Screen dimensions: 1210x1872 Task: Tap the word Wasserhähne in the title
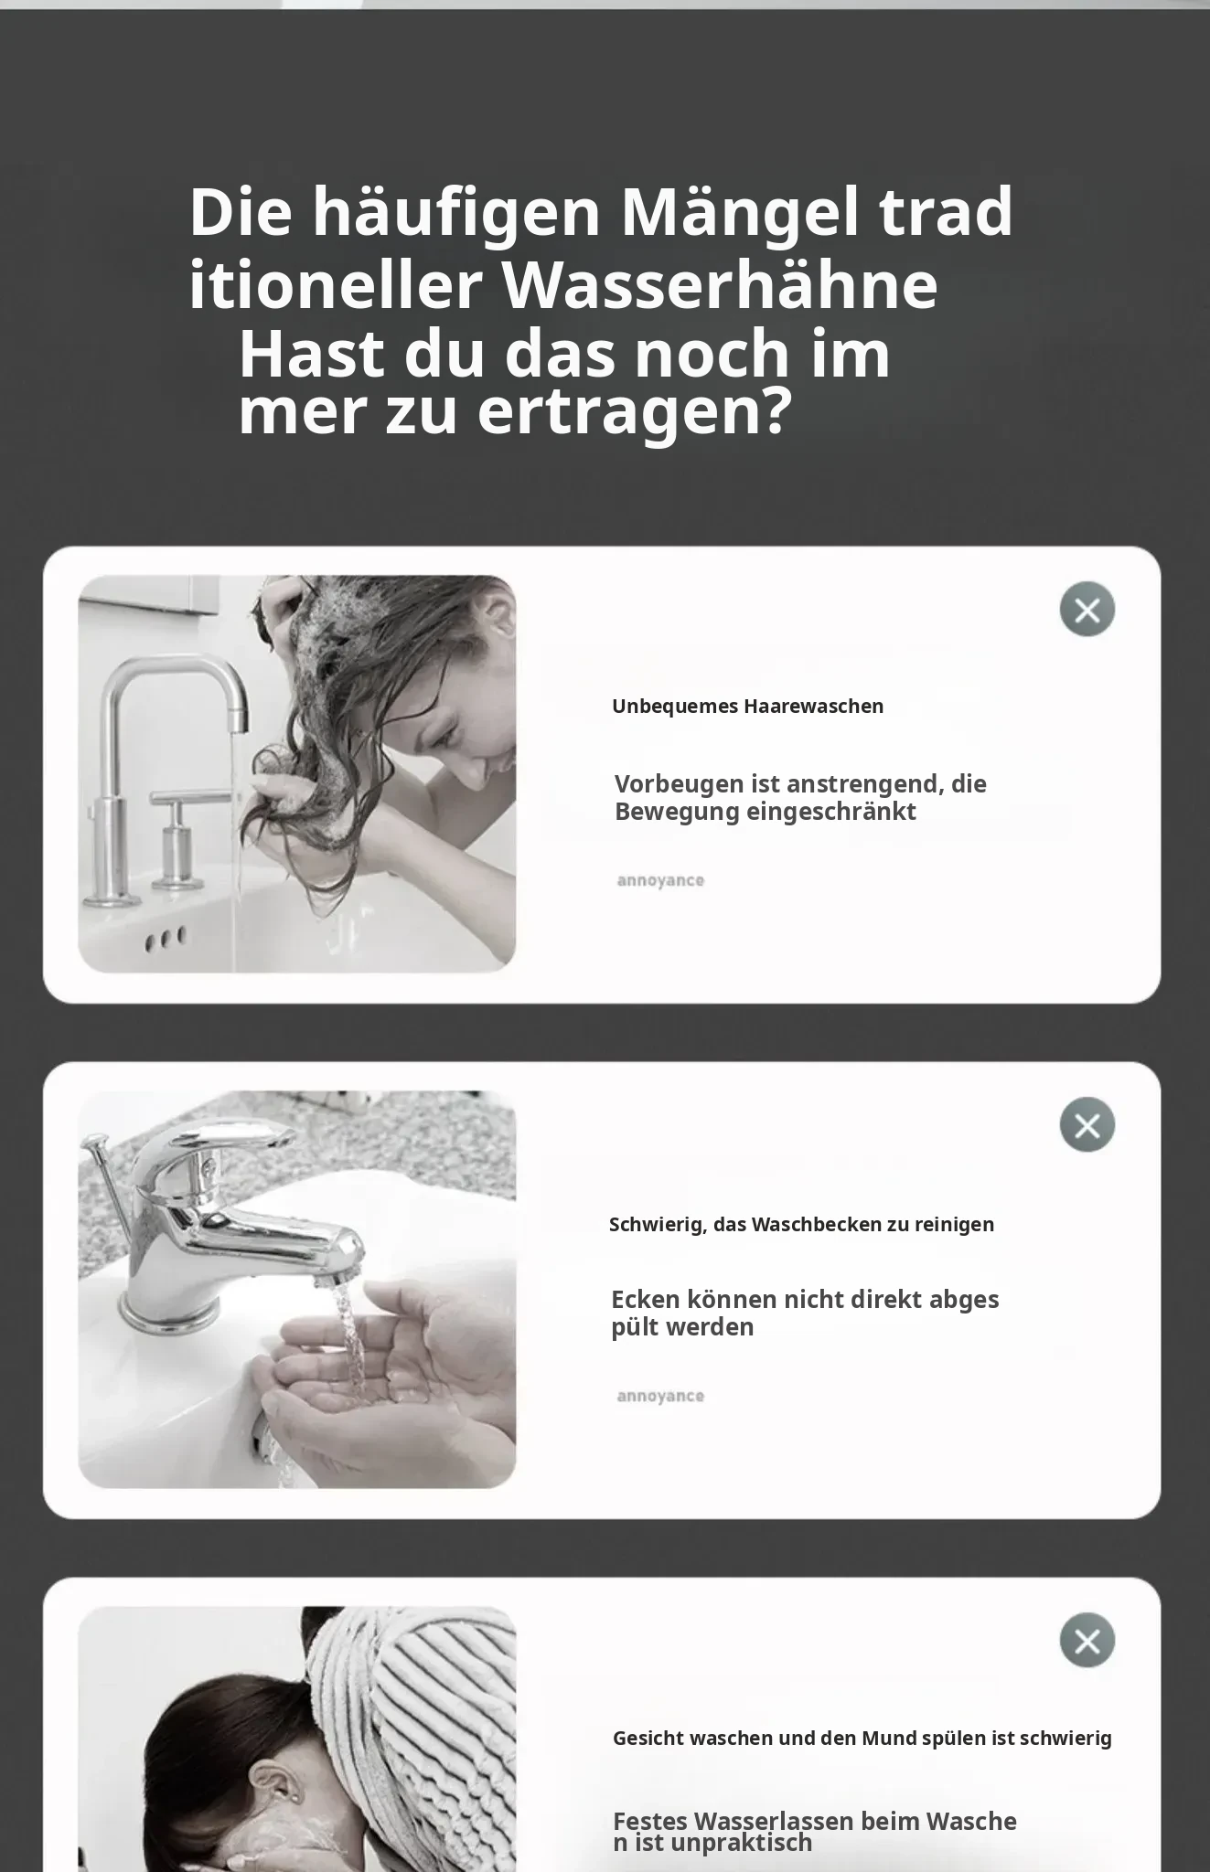tap(720, 285)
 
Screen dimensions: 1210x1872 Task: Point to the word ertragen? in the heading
tap(634, 413)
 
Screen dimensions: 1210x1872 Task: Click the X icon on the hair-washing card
tap(1087, 609)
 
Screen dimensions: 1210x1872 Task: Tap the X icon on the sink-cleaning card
tap(1087, 1124)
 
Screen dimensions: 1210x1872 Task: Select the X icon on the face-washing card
tap(1087, 1640)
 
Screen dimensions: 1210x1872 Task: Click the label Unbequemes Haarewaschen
tap(748, 707)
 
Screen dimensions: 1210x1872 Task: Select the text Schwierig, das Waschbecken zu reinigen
tap(801, 1225)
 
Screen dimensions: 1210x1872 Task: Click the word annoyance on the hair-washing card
tap(660, 881)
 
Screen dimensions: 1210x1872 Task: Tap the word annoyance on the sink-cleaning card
tap(660, 1397)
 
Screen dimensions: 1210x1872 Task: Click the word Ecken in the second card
tap(645, 1299)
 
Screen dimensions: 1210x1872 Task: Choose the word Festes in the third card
tap(649, 1821)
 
